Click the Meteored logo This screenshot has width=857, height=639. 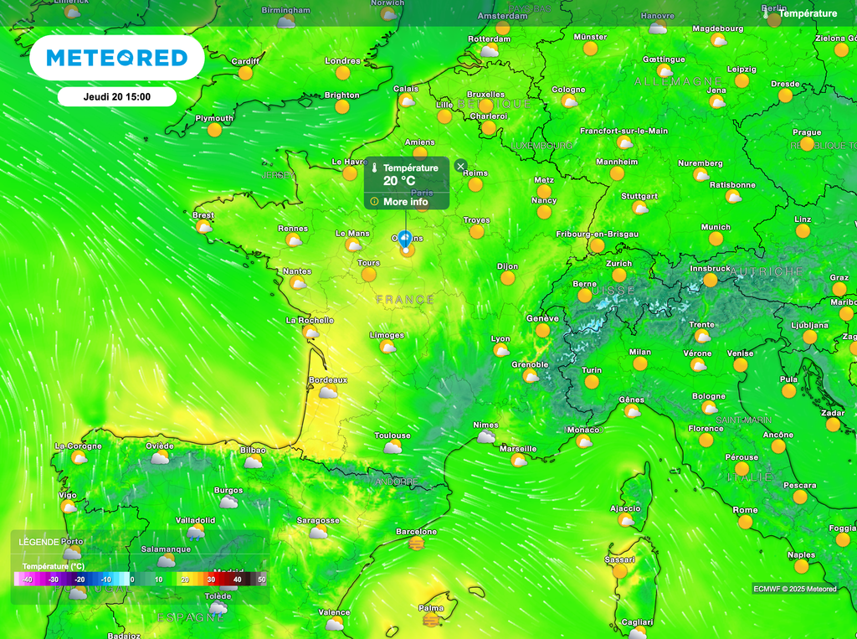point(116,58)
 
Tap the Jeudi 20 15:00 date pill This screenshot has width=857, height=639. point(117,97)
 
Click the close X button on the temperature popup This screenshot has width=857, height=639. point(460,166)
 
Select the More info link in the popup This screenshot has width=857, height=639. point(405,202)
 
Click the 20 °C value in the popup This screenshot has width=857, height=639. point(399,181)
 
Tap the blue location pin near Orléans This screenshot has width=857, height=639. point(405,240)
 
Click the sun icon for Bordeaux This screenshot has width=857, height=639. point(328,392)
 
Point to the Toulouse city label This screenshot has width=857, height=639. point(393,435)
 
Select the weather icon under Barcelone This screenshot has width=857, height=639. point(416,544)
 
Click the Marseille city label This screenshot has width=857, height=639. point(518,449)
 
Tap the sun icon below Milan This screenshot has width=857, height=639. point(640,363)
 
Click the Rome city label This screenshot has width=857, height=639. point(745,510)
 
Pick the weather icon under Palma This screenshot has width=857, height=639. point(431,620)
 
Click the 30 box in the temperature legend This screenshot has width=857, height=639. point(211,579)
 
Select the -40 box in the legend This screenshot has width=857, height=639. point(28,579)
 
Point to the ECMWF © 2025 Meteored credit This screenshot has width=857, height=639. point(794,589)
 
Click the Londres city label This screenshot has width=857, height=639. point(342,61)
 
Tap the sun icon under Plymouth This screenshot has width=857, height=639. point(215,130)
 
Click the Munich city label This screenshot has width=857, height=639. point(716,227)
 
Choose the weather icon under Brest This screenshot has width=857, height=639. point(203,227)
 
